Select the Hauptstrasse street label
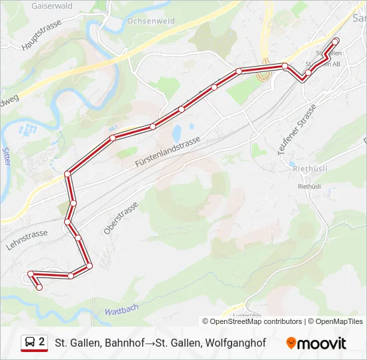(x=41, y=35)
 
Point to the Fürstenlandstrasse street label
(x=167, y=153)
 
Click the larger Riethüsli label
(x=308, y=169)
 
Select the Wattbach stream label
(x=121, y=311)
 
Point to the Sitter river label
(x=6, y=159)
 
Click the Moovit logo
(x=316, y=343)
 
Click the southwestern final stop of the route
(x=40, y=287)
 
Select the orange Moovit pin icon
(x=292, y=343)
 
